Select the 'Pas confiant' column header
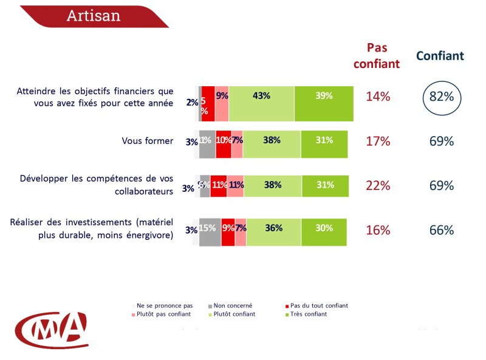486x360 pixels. [377, 55]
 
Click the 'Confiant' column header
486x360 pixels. [440, 56]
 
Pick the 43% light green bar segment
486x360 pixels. [261, 96]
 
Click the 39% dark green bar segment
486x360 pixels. [324, 96]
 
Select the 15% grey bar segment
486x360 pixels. [210, 229]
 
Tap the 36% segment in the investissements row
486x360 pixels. [273, 229]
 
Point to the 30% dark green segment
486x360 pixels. [324, 229]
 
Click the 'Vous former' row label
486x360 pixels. [148, 141]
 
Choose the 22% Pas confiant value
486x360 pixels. [378, 186]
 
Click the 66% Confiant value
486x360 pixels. [442, 231]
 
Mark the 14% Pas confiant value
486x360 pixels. [378, 97]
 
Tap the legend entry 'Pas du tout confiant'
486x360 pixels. [320, 305]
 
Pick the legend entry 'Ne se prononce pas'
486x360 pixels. [165, 305]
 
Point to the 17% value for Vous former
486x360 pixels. [378, 141]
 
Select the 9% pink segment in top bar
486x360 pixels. [222, 96]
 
